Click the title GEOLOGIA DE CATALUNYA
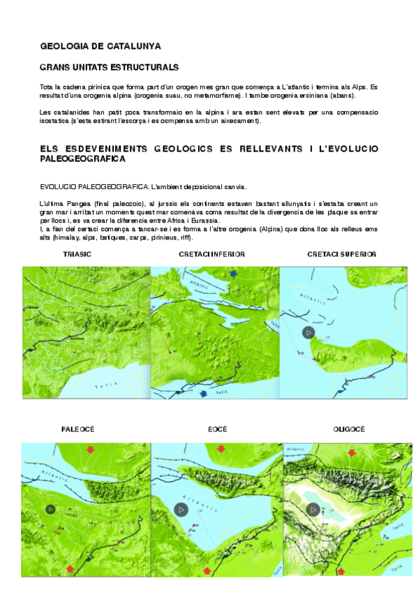(x=100, y=46)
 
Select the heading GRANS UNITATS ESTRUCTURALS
(x=110, y=68)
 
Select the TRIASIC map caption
(x=77, y=254)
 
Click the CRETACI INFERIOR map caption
(x=211, y=254)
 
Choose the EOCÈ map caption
(x=217, y=429)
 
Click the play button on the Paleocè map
(x=50, y=509)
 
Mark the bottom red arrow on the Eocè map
(x=207, y=571)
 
